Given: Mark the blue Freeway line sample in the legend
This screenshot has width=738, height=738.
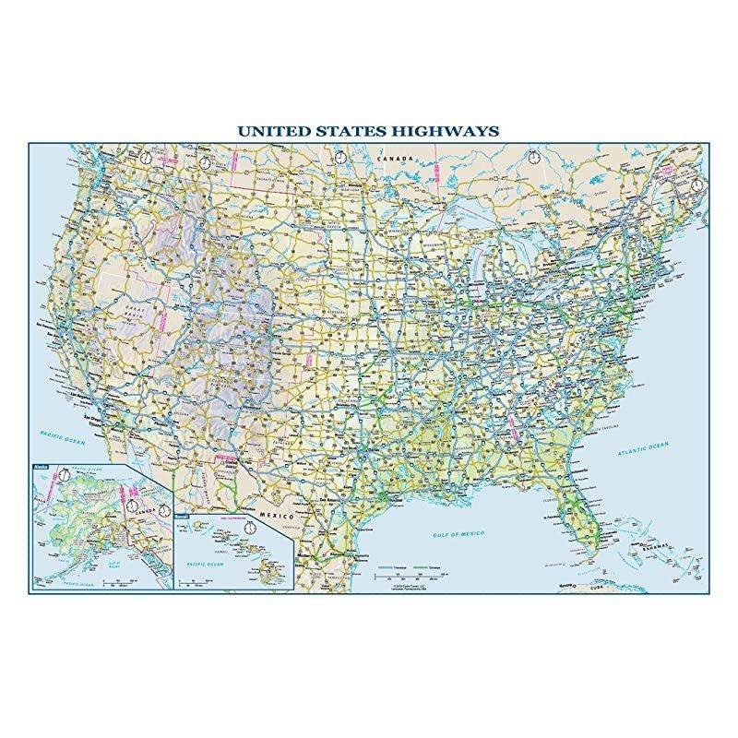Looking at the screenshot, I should tap(389, 560).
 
